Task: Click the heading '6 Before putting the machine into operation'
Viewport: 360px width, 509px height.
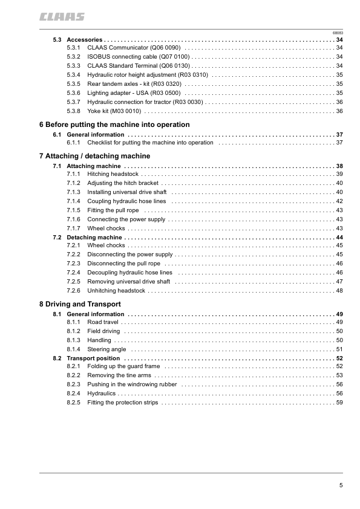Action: click(114, 125)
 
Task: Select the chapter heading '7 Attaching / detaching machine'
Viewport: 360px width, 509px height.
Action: click(94, 156)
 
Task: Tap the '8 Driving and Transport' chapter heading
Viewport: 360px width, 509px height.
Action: click(79, 304)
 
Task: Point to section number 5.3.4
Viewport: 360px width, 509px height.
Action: click(73, 74)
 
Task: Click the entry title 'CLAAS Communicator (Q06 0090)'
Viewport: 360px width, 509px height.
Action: click(134, 47)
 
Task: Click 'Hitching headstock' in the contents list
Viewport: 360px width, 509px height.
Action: click(113, 173)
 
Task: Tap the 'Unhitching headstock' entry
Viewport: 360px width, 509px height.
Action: click(116, 291)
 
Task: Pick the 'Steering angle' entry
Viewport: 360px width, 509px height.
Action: click(106, 349)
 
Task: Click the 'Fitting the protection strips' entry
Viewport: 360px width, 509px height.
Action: click(122, 403)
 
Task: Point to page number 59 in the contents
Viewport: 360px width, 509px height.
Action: click(339, 403)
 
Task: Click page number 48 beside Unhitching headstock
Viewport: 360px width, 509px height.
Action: click(339, 291)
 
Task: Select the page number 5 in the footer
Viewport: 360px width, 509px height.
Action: click(341, 485)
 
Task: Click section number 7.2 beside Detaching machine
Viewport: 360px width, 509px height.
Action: click(57, 238)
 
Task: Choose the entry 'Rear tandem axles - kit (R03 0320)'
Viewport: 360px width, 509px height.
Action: click(134, 83)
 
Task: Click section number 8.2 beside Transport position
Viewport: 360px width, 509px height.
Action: click(57, 358)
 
